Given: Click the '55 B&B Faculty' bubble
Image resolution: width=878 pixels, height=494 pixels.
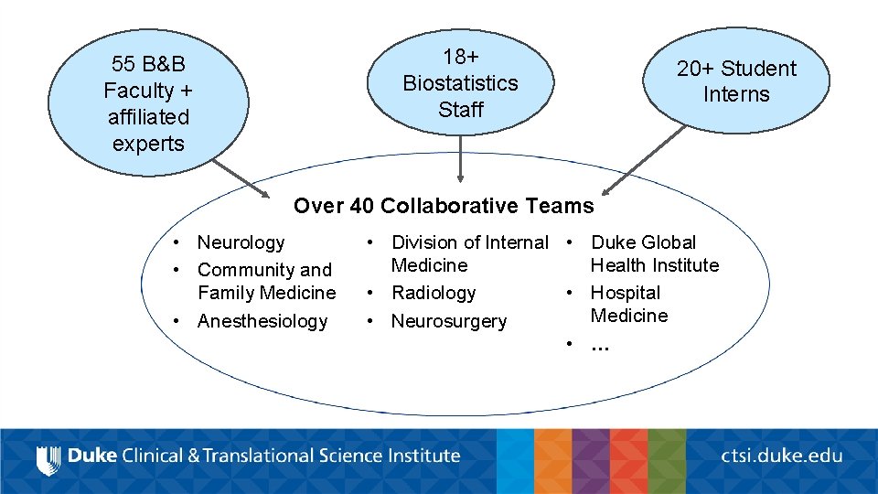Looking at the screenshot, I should coord(148,102).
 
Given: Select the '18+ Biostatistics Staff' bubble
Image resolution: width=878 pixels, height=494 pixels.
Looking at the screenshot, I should coord(460,82).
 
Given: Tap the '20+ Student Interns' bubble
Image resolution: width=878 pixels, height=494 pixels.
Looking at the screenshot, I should coord(736,81).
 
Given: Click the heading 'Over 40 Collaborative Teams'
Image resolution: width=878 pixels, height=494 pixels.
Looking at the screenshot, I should coord(444,206).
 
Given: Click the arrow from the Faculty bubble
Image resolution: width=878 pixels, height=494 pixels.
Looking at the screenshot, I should coord(241,178).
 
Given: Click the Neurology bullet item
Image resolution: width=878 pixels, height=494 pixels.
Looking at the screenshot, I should coord(241,242).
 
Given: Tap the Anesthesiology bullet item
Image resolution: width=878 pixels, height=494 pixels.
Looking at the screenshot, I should coord(262,321).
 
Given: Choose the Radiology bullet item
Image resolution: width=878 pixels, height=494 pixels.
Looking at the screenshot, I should coord(434,293).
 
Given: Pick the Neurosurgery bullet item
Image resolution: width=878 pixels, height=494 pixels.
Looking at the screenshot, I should coord(448,321).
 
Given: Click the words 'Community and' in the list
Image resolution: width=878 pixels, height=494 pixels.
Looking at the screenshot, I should coord(264,270).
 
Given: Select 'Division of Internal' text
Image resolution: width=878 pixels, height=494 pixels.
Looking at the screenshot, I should coord(469,242).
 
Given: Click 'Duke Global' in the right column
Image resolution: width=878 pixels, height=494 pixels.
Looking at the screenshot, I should coord(643,242).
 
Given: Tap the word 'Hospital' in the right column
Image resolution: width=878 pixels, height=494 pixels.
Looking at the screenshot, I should coord(625,293).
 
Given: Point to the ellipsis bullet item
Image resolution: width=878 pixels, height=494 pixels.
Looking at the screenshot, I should coord(600,345).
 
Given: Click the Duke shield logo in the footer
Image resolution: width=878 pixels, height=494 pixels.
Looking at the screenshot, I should coord(48,457).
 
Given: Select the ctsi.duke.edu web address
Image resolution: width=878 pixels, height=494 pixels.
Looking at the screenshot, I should coord(781,455).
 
